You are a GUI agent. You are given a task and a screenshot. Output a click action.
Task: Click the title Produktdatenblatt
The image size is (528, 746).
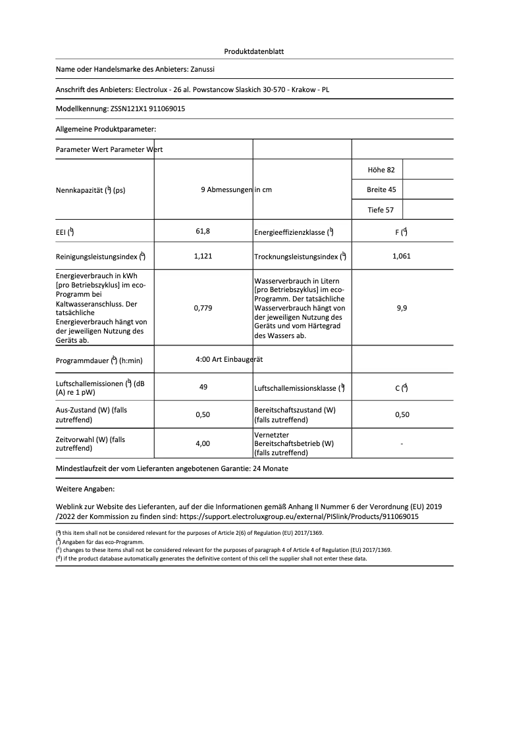[254, 51]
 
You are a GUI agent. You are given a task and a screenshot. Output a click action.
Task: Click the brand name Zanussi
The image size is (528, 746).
[203, 68]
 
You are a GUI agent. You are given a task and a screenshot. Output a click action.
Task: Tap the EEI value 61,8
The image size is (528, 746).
[203, 232]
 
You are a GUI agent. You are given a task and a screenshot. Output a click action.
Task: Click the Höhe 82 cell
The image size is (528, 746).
[381, 170]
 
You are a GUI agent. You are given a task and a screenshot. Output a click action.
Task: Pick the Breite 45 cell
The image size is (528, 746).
[381, 190]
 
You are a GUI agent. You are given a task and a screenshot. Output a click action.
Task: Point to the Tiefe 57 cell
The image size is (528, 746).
[381, 210]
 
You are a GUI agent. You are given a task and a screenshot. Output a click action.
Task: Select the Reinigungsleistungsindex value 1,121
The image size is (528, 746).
[203, 257]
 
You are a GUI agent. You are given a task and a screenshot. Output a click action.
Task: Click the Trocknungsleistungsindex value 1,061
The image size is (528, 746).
[401, 257]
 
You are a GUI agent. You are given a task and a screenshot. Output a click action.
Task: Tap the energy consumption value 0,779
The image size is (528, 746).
[203, 307]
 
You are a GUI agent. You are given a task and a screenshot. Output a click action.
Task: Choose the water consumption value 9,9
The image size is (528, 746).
[402, 307]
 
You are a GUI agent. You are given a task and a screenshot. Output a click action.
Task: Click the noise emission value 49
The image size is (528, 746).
[203, 387]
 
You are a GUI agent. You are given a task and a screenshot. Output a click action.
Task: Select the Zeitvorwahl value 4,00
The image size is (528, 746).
[203, 444]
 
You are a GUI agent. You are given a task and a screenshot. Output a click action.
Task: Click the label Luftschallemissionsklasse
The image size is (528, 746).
[295, 389]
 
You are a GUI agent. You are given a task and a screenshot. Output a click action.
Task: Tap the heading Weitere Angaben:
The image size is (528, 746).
[86, 489]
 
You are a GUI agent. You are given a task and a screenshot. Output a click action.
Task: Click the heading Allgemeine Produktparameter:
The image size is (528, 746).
[106, 130]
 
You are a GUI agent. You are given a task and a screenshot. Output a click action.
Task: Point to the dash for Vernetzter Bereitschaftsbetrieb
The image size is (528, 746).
[402, 444]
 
